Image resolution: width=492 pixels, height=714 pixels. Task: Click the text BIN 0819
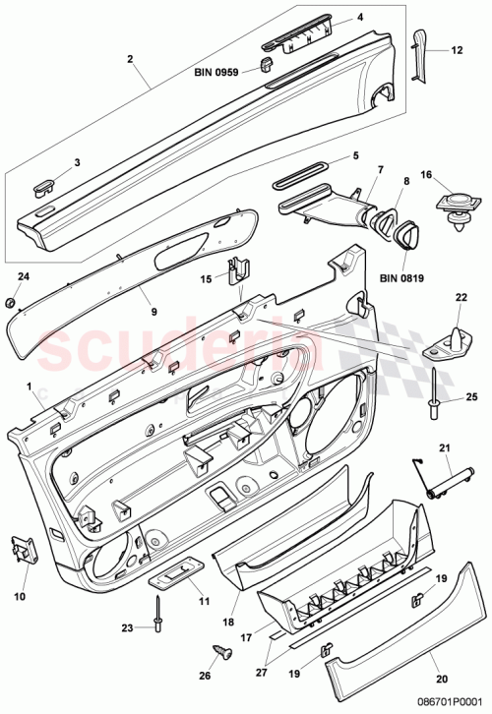(x=402, y=278)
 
